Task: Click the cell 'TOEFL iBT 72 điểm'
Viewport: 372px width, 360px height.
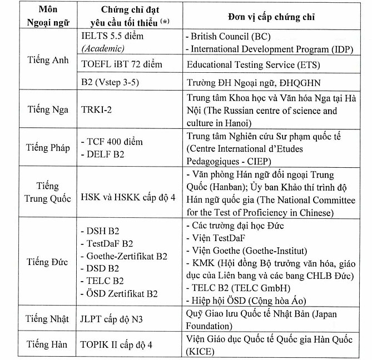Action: pyautogui.click(x=121, y=64)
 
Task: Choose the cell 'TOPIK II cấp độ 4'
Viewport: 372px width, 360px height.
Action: pyautogui.click(x=117, y=344)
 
